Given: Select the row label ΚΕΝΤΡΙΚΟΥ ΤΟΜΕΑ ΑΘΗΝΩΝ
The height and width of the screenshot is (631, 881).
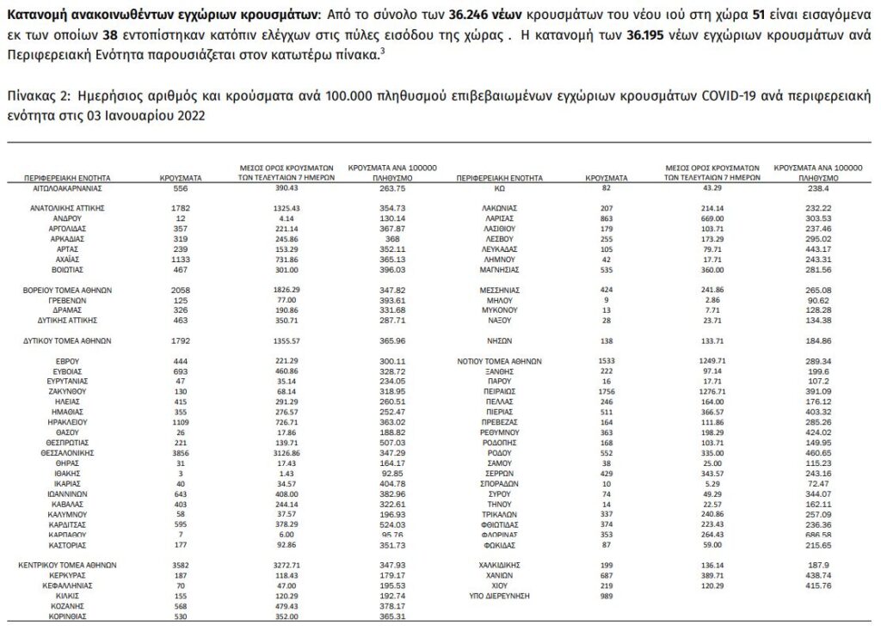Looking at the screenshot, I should coord(67,565).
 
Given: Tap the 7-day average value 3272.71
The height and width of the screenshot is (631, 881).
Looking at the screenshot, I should coord(284,565).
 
